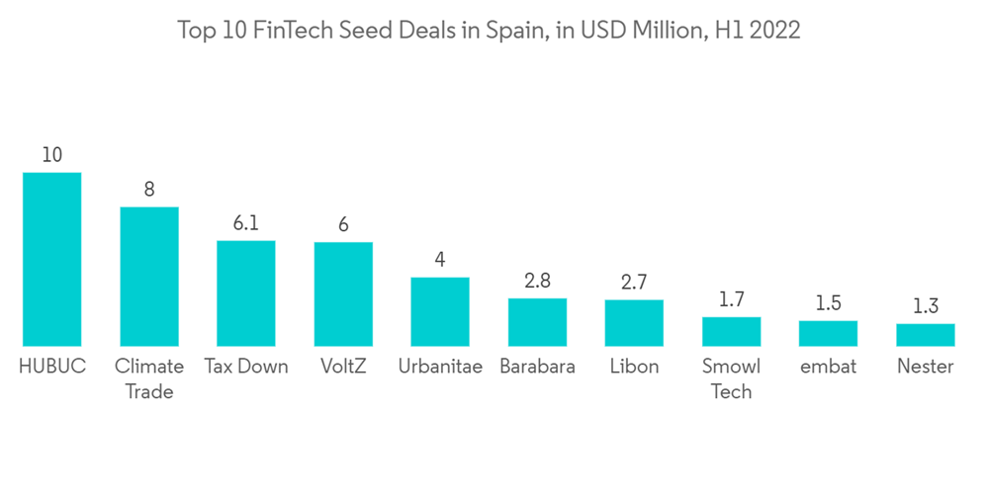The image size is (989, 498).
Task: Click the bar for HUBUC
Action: pyautogui.click(x=51, y=259)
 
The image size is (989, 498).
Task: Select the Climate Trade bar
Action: pyautogui.click(x=149, y=276)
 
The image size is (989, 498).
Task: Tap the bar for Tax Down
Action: pyautogui.click(x=246, y=292)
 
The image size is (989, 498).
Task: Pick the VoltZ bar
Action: pyautogui.click(x=343, y=293)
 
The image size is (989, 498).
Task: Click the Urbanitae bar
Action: pyautogui.click(x=440, y=311)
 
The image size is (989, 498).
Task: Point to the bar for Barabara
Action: pyautogui.click(x=537, y=322)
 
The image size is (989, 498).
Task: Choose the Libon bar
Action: pyautogui.click(x=634, y=323)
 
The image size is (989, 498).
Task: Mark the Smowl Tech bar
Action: pyautogui.click(x=732, y=331)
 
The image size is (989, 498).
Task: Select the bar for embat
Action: pyautogui.click(x=829, y=333)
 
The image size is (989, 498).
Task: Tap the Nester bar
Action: pyautogui.click(x=926, y=335)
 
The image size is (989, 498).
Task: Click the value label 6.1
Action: pyautogui.click(x=246, y=223)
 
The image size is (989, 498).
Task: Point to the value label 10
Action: pyautogui.click(x=51, y=155)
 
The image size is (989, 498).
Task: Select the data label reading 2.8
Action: pyautogui.click(x=537, y=281)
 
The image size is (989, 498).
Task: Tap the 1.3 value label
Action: pyautogui.click(x=926, y=306)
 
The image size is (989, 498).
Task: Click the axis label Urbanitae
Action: pyautogui.click(x=440, y=367)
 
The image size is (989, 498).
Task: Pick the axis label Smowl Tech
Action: pyautogui.click(x=732, y=378)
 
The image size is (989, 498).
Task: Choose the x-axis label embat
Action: pyautogui.click(x=829, y=367)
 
